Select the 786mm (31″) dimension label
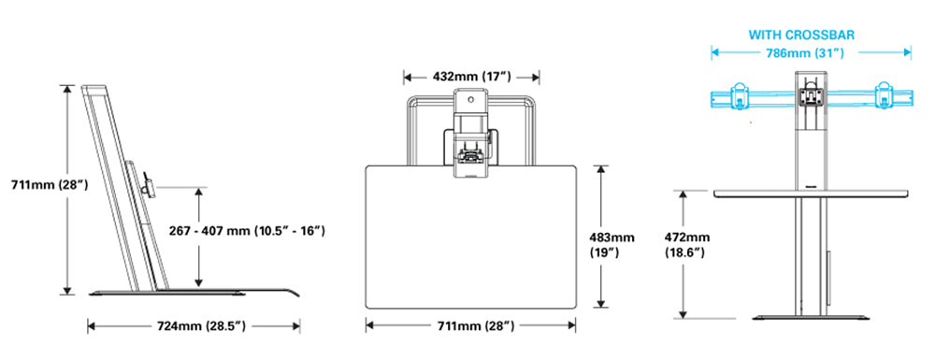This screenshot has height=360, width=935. point(805,52)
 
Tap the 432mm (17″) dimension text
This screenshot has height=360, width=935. point(471,77)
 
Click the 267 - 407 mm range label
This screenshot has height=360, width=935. point(247,231)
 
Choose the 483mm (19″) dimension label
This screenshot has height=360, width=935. point(611,245)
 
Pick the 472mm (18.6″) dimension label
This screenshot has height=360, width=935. point(685,245)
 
